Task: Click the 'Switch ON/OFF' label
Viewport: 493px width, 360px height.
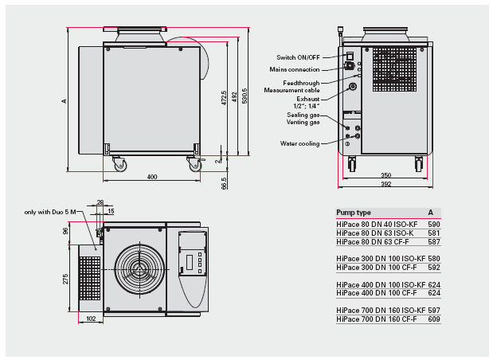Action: (x=298, y=57)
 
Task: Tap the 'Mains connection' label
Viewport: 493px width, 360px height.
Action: (x=295, y=69)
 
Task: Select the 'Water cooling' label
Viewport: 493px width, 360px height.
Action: (x=299, y=143)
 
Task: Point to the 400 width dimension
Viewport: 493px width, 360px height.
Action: (x=152, y=177)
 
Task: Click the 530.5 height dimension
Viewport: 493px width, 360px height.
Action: (x=245, y=96)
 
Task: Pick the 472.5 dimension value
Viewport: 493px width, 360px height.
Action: (x=224, y=98)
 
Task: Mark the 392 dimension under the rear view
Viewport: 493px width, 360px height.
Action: (x=385, y=184)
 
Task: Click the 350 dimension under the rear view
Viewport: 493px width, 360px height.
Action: (x=385, y=175)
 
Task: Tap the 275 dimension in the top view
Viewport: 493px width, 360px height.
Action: (x=65, y=279)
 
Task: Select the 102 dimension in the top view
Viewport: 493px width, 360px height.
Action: (x=91, y=319)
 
